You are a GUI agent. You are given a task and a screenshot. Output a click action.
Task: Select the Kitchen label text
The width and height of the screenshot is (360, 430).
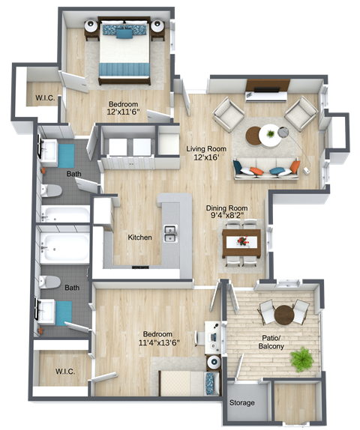pyautogui.click(x=139, y=237)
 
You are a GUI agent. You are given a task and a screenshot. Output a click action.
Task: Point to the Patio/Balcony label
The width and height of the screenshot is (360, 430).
pyautogui.click(x=274, y=342)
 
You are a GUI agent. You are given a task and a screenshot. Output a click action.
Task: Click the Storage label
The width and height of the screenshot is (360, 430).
pyautogui.click(x=241, y=403)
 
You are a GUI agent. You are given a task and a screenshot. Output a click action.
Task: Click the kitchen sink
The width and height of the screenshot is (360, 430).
pyautogui.click(x=171, y=234)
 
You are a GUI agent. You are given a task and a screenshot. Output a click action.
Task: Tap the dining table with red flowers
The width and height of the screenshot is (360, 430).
pyautogui.click(x=242, y=242)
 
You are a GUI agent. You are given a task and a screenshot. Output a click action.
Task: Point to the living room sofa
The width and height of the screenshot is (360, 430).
pyautogui.click(x=266, y=169)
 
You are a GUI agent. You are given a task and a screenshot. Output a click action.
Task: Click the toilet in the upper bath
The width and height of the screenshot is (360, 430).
pyautogui.click(x=50, y=190)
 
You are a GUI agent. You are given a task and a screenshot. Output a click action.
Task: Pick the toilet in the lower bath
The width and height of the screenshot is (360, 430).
pyautogui.click(x=50, y=282)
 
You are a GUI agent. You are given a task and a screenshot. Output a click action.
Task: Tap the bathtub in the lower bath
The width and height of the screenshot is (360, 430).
pyautogui.click(x=64, y=245)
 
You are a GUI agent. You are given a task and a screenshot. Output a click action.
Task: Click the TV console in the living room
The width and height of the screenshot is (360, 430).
pyautogui.click(x=265, y=94)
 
